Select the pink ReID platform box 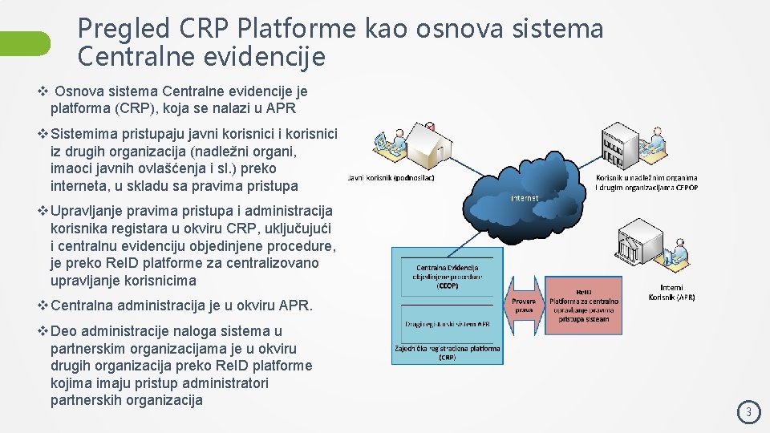pos(585,305)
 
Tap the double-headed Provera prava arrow pos(523,305)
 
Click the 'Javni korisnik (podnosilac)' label pos(391,178)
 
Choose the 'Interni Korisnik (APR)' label pos(671,292)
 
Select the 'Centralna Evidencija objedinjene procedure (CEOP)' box pos(447,276)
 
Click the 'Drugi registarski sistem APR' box pos(447,324)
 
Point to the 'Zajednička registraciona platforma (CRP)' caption pos(447,353)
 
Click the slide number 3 pos(749,413)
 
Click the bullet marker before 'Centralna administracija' pos(43,306)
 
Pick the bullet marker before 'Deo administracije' pos(43,331)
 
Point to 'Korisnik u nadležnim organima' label pos(646,178)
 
